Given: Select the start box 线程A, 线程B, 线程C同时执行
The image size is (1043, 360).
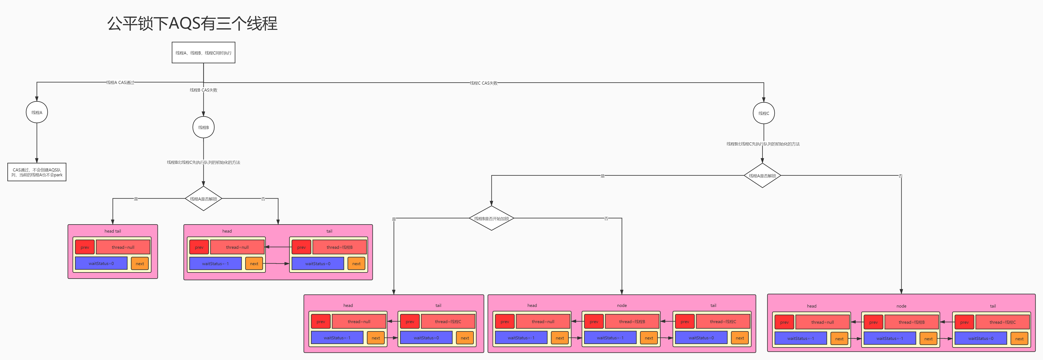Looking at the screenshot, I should coord(203,53).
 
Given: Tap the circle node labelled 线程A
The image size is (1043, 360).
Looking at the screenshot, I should coord(37,113).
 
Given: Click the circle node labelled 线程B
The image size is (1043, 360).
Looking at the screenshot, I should coord(203,127).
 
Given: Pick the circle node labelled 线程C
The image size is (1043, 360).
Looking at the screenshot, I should coord(764,113).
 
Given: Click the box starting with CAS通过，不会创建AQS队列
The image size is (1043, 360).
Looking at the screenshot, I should coord(37,172).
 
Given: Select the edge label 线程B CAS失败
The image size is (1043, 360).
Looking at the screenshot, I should coord(203,90).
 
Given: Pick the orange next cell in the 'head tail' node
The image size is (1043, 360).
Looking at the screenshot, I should coord(140,264).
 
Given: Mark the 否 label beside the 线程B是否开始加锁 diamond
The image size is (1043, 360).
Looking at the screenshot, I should coord(606,219).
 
